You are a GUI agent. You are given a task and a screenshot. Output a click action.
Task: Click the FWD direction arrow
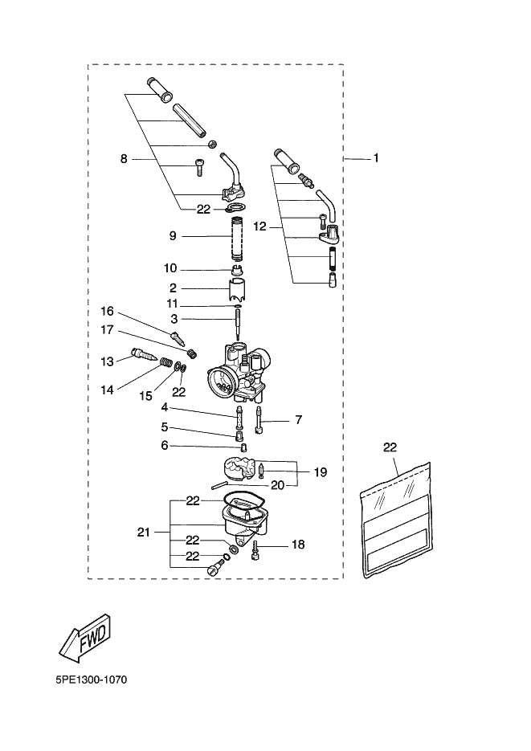pos(85,639)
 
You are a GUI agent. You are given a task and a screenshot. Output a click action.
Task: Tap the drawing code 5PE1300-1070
pos(92,680)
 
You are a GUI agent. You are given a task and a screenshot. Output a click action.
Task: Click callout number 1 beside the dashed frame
pos(376,157)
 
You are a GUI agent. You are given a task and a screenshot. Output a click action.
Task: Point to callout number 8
pos(124,159)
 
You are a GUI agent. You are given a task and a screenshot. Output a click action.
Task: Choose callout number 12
pos(259,227)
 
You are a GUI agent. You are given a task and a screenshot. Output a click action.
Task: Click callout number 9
pos(173,236)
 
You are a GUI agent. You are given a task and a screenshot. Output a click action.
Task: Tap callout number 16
pos(108,312)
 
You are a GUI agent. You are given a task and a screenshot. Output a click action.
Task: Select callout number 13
pos(108,361)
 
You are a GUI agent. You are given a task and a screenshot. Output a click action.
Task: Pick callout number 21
pos(144,532)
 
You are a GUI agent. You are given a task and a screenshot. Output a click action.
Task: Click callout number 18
pos(298,545)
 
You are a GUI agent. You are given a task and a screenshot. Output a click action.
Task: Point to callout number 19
pos(321,472)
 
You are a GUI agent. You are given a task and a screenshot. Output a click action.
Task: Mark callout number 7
pos(299,420)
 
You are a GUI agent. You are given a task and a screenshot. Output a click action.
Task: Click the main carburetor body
pos(238,372)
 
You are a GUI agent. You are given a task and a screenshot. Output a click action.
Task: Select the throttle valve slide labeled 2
pos(238,289)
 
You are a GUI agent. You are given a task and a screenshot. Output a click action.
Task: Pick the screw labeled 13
pos(144,357)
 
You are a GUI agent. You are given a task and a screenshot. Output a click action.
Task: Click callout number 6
pos(165,446)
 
